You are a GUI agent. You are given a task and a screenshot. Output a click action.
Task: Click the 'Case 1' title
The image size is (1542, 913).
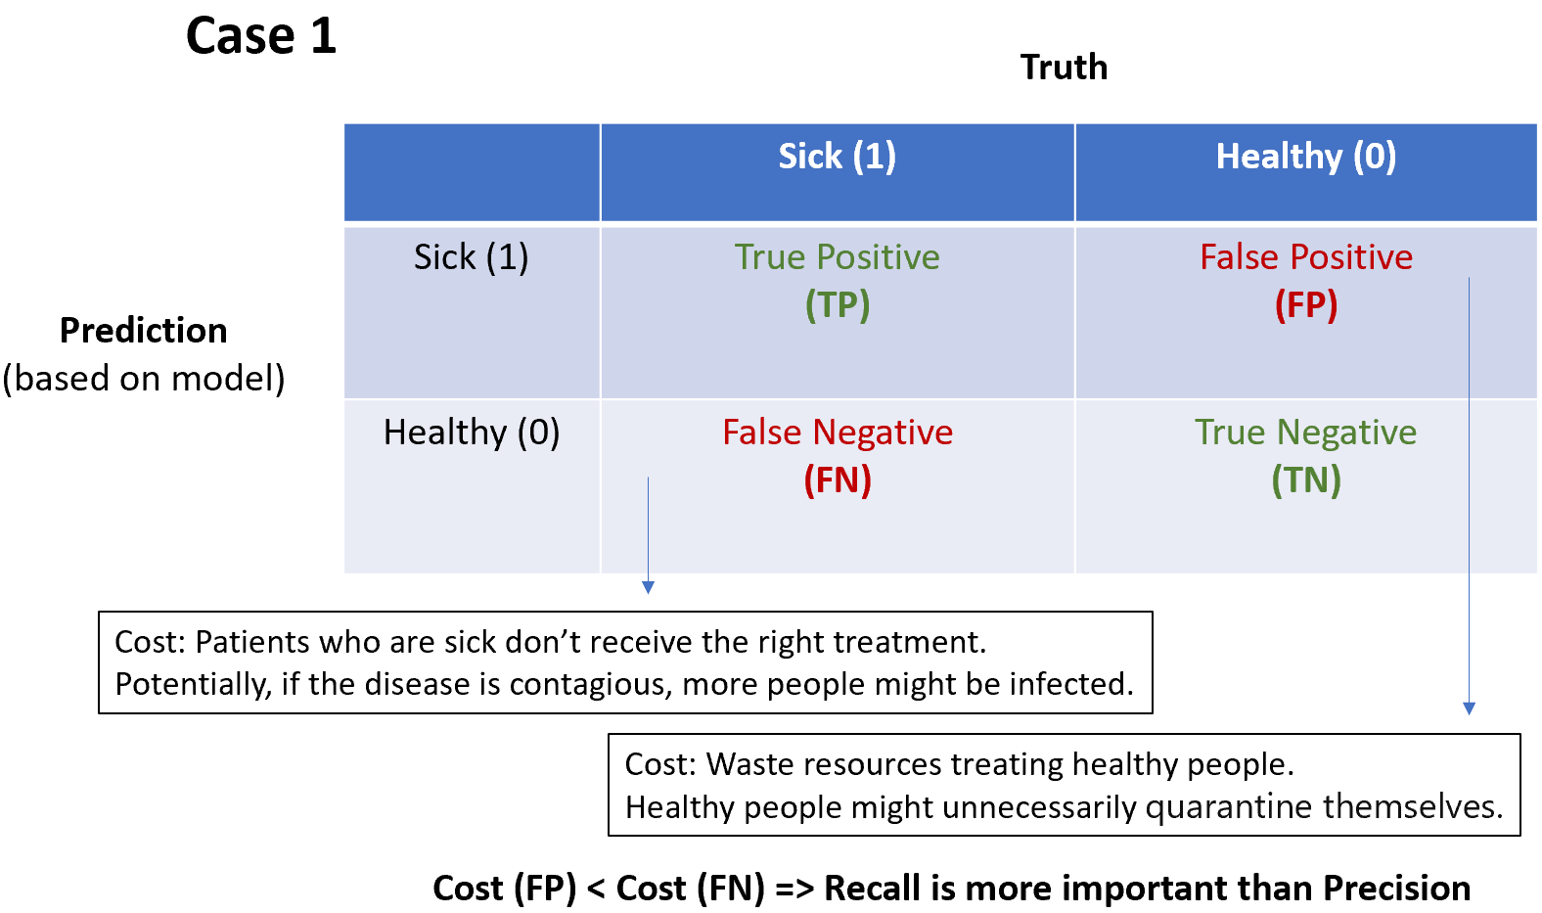(x=260, y=36)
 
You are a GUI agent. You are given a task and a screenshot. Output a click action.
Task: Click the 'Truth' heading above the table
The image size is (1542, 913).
(x=1064, y=68)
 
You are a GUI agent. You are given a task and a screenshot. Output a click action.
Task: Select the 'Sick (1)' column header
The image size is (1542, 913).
(x=837, y=157)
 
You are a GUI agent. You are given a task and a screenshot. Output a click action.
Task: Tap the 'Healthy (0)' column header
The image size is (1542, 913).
(x=1305, y=157)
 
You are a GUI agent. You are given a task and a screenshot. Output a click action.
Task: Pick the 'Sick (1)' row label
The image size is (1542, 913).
(x=471, y=257)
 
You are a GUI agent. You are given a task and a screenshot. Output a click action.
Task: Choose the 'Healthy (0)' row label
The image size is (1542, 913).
(x=471, y=433)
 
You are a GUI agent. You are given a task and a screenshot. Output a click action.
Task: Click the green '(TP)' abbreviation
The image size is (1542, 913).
(x=837, y=305)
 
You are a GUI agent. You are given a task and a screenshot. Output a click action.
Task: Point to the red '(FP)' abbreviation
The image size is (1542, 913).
(x=1305, y=305)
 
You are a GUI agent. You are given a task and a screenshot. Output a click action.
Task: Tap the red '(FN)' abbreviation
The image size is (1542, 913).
(x=837, y=480)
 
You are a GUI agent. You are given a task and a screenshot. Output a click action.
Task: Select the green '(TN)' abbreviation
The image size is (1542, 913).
(x=1305, y=480)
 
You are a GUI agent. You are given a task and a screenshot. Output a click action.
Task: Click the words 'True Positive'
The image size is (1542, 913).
(x=837, y=257)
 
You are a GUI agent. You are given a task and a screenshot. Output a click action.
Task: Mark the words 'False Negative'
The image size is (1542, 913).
(x=837, y=433)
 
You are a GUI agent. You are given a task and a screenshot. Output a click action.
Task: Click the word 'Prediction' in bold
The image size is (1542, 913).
(x=143, y=331)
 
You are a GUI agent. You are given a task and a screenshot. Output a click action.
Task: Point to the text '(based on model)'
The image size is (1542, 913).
(x=143, y=379)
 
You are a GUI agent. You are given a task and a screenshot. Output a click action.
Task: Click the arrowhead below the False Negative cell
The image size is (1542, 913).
(x=648, y=587)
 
